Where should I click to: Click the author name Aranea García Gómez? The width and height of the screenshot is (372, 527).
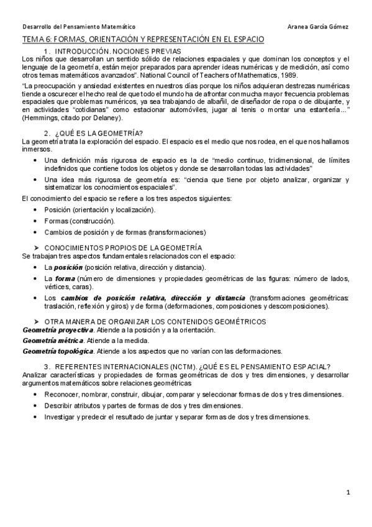point(319,27)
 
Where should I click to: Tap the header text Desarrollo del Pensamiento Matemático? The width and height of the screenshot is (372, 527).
point(78,27)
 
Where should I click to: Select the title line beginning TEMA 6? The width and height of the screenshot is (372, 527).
point(143,39)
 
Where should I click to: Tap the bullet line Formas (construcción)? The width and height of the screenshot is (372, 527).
point(79,221)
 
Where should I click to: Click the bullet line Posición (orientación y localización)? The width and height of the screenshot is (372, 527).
point(99,210)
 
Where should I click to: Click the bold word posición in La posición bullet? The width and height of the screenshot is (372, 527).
point(68,267)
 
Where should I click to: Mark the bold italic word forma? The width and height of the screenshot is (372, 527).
point(65,278)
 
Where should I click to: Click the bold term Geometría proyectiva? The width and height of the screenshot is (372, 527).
point(58,329)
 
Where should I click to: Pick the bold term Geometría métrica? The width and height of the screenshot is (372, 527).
point(52,341)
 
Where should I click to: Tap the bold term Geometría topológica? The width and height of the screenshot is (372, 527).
point(57,351)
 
